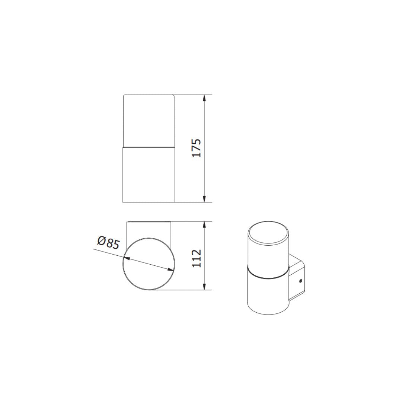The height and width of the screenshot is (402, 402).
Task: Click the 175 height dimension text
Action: pos(197,148)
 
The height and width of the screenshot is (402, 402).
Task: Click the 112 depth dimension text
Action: pos(197,258)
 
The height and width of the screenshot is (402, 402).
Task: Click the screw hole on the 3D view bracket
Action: pos(301,281)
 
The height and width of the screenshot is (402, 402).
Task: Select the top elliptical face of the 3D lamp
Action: pos(268,234)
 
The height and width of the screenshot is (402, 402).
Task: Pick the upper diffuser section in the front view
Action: pos(149,120)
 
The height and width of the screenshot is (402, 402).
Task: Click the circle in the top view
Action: pos(149,264)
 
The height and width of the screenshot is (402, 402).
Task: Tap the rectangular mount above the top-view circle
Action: pos(149,229)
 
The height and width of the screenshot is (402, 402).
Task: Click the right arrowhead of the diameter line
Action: pos(171,270)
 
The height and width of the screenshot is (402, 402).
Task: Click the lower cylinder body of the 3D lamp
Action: pos(268,296)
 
